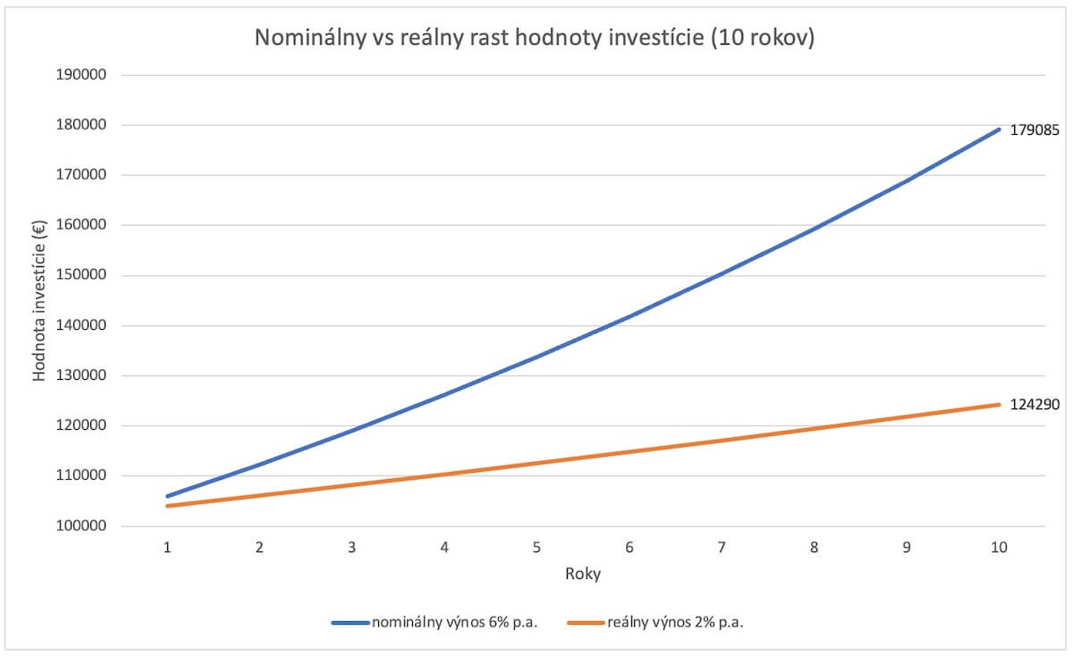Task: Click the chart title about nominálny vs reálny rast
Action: (535, 39)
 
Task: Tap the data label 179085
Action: (1035, 130)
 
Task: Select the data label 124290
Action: (1035, 404)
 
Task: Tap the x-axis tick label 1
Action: (167, 548)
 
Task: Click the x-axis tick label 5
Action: (536, 548)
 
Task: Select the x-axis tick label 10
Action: (999, 548)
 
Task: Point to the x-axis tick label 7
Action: (722, 548)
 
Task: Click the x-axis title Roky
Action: (582, 575)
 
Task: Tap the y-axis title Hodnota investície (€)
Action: (39, 300)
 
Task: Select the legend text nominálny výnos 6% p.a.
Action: (453, 623)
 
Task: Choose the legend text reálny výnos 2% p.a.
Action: (675, 623)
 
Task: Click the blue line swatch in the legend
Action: (350, 623)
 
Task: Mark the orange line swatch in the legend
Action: (584, 623)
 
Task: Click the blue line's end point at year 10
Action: (999, 130)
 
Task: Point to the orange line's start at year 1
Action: (167, 506)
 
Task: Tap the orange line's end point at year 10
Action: (999, 405)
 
